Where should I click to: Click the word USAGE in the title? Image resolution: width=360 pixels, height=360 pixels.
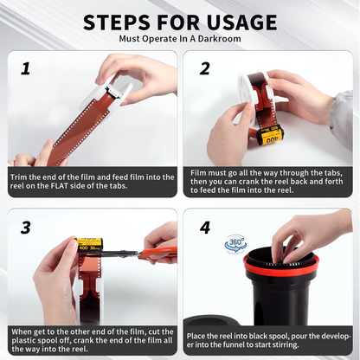click(x=241, y=22)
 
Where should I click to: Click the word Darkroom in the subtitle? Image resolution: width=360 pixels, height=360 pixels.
click(x=219, y=39)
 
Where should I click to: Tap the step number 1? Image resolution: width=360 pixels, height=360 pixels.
click(x=26, y=69)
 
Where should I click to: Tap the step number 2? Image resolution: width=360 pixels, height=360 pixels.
click(x=205, y=69)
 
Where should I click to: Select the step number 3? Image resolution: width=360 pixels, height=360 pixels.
click(x=26, y=228)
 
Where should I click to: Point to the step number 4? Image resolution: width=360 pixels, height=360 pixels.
click(x=205, y=228)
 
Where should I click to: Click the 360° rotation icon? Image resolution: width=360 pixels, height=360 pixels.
click(x=235, y=244)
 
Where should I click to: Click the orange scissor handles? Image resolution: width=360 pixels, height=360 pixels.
click(x=158, y=253)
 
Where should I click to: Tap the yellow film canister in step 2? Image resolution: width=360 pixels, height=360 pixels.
click(x=271, y=136)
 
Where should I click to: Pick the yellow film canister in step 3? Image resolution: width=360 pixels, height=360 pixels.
click(x=90, y=244)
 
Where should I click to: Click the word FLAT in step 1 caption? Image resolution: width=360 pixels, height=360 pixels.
click(x=59, y=186)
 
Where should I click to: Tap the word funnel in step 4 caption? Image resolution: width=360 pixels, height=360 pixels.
click(x=256, y=344)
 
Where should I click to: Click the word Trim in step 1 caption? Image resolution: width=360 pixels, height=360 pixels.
click(x=19, y=177)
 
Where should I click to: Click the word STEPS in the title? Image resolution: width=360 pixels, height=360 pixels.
click(x=117, y=22)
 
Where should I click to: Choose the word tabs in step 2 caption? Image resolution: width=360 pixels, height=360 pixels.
click(x=334, y=173)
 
